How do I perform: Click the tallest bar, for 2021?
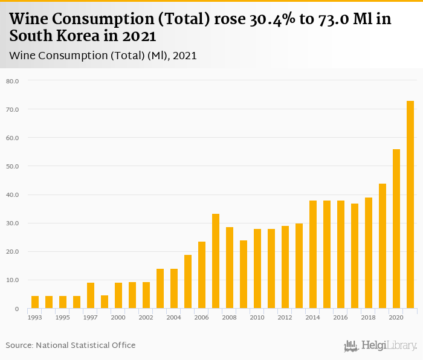410,205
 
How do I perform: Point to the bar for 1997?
91,295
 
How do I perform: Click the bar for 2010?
257,269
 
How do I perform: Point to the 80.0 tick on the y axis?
13,81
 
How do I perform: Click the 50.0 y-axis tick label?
13,166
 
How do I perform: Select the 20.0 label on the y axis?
13,252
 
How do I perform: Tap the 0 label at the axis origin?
18,309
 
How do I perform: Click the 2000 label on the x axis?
118,317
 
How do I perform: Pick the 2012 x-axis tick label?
285,317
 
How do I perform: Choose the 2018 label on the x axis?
369,317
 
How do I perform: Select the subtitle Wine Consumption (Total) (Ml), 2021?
103,56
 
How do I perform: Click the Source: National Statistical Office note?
71,345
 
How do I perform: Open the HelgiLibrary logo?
381,346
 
